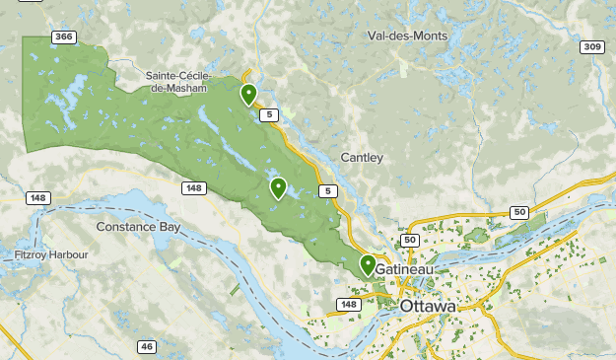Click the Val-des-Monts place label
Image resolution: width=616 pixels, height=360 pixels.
click(x=407, y=36)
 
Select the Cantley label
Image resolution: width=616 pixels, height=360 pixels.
click(x=362, y=158)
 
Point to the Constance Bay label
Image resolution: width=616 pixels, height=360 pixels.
click(x=138, y=226)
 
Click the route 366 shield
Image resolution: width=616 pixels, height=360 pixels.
click(x=64, y=37)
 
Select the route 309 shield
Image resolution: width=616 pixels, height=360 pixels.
click(x=591, y=46)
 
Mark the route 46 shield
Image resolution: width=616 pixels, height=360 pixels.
click(x=147, y=346)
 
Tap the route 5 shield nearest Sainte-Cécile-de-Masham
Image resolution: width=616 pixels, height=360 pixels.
click(x=268, y=115)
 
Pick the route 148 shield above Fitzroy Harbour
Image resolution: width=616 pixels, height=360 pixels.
click(x=37, y=198)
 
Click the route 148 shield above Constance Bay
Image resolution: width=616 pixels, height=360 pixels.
click(x=193, y=188)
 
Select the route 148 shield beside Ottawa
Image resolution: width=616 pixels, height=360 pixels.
click(x=349, y=304)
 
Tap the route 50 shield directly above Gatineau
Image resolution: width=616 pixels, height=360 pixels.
click(x=410, y=240)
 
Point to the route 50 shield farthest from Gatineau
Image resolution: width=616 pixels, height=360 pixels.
click(x=519, y=212)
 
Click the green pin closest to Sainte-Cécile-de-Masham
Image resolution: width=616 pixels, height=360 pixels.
click(x=248, y=94)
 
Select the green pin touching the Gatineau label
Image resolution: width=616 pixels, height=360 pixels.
click(x=368, y=264)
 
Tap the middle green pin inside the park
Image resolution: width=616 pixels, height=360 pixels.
click(x=279, y=187)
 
